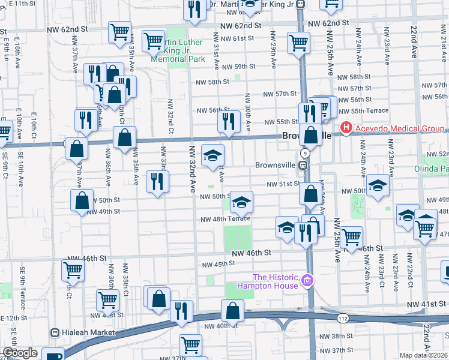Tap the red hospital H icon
(x=346, y=128)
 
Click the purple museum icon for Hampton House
(x=307, y=280)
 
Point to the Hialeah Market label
(x=83, y=332)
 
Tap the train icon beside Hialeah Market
(x=55, y=332)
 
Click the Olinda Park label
(x=431, y=169)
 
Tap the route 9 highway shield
(x=306, y=154)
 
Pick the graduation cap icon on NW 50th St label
(x=241, y=202)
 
